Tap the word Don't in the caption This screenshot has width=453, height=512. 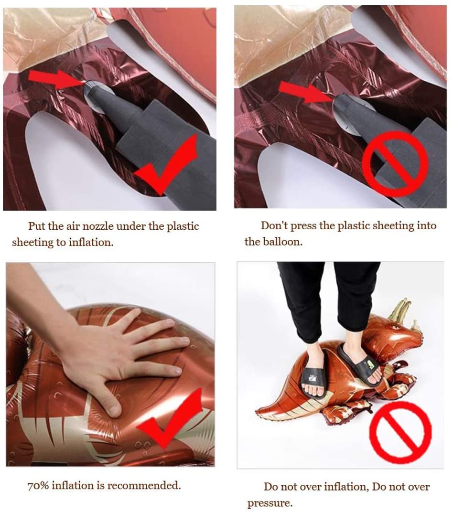coord(274,225)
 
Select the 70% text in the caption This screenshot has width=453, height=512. coord(38,486)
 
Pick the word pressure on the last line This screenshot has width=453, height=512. coord(270,503)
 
